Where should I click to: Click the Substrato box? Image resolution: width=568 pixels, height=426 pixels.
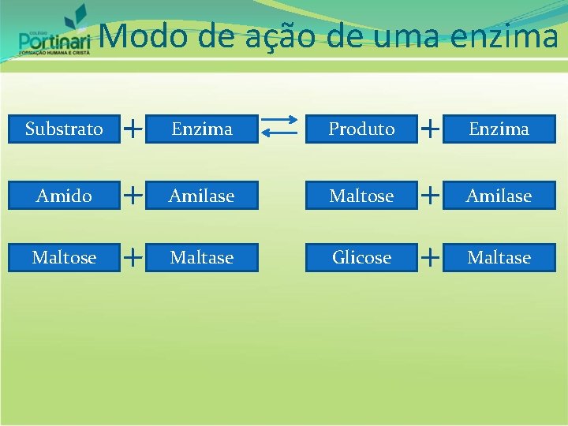pyautogui.click(x=64, y=129)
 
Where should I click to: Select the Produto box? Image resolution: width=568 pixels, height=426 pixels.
pyautogui.click(x=361, y=129)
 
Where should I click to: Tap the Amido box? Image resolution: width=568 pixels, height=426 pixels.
pyautogui.click(x=64, y=196)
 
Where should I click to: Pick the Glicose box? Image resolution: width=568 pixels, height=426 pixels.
pyautogui.click(x=361, y=257)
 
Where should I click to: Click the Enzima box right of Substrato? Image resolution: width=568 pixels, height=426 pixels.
pyautogui.click(x=202, y=129)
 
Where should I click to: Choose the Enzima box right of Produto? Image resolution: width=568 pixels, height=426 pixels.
pyautogui.click(x=499, y=129)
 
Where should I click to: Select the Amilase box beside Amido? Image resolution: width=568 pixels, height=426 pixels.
pyautogui.click(x=202, y=196)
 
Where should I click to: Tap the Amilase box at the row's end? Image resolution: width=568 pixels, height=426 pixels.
pyautogui.click(x=499, y=196)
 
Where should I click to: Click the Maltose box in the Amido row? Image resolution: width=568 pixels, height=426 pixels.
pyautogui.click(x=361, y=196)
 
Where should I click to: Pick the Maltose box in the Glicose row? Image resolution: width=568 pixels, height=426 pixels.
pyautogui.click(x=64, y=257)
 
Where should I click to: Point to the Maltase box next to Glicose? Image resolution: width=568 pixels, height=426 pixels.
pyautogui.click(x=499, y=257)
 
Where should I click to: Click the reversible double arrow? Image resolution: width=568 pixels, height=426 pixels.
pyautogui.click(x=280, y=129)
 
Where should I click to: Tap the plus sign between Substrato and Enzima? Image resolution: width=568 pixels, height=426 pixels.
pyautogui.click(x=134, y=126)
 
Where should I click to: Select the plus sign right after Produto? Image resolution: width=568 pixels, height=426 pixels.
pyautogui.click(x=431, y=126)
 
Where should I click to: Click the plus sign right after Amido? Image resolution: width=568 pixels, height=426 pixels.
pyautogui.click(x=134, y=193)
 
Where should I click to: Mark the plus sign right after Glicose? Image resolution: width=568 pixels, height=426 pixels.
pyautogui.click(x=431, y=256)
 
